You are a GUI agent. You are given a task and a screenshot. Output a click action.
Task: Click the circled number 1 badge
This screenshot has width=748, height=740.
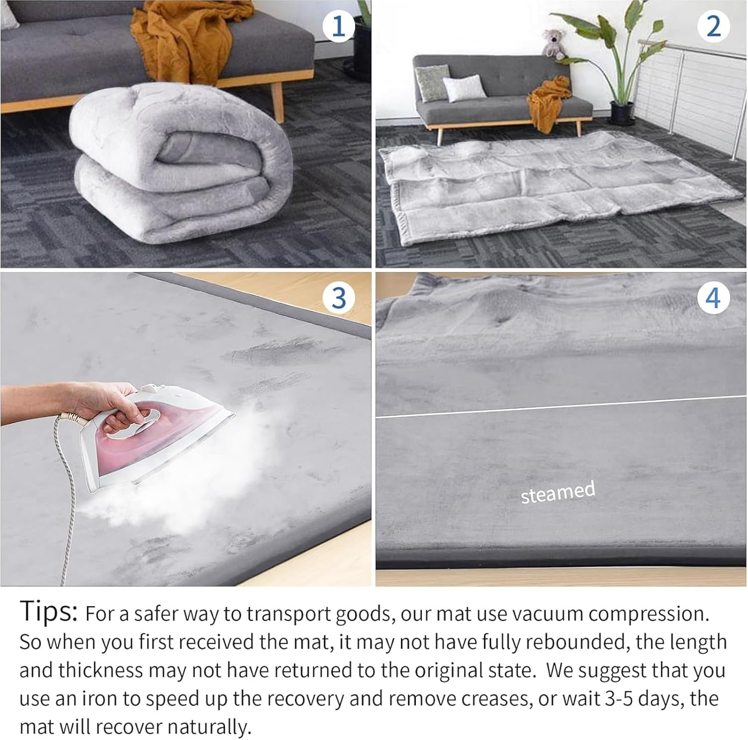339,26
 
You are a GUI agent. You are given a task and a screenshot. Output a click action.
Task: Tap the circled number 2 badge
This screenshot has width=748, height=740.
714,26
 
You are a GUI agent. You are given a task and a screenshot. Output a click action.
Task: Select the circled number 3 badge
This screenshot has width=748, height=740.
339,298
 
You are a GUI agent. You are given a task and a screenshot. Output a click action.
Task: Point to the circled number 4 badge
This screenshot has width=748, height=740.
713,298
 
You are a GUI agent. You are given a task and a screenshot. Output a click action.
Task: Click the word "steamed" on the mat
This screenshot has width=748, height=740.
558,493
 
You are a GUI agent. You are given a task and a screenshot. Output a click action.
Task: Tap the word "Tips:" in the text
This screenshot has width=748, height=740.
48,612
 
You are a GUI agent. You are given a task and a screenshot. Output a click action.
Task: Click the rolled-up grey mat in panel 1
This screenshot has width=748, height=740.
180,165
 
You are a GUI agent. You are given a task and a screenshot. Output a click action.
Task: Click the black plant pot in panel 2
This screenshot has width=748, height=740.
622,113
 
